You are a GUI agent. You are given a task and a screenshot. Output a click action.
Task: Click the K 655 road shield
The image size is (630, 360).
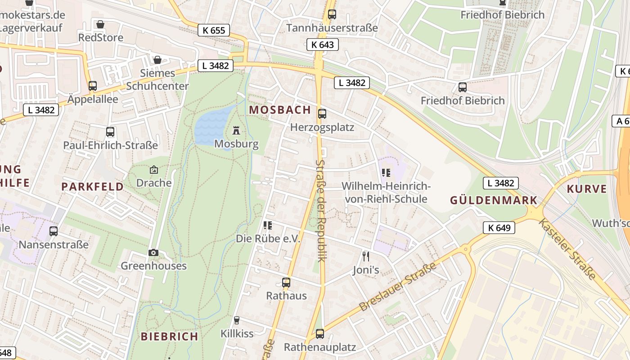214,31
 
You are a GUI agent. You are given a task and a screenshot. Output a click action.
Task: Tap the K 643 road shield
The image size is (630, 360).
323,45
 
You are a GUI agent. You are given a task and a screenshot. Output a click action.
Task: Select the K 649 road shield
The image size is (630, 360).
499,228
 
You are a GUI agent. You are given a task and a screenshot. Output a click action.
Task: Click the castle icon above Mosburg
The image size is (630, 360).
236,131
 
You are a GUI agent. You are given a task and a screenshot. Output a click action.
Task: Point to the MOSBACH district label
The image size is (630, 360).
280,110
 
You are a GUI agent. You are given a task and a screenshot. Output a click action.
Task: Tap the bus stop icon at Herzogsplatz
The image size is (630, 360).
322,114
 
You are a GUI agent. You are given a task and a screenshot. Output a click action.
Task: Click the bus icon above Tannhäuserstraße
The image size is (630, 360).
332,14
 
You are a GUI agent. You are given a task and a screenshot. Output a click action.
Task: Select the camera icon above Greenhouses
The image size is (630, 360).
153,252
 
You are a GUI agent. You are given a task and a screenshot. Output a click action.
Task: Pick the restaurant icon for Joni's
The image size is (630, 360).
366,256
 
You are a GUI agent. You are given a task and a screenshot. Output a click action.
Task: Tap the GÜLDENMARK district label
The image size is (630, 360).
494,201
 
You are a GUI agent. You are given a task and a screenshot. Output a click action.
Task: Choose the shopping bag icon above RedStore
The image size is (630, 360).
100,24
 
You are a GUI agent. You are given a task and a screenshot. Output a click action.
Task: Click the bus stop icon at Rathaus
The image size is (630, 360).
286,283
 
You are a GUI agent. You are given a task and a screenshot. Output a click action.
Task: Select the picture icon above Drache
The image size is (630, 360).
154,170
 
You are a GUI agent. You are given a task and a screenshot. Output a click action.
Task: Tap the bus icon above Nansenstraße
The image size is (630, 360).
54,231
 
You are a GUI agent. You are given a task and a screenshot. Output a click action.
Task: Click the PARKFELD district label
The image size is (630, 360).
92,187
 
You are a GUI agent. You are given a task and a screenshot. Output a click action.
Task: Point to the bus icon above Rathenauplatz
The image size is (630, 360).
320,334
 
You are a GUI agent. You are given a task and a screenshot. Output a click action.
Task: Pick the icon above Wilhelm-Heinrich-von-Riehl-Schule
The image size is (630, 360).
385,173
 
